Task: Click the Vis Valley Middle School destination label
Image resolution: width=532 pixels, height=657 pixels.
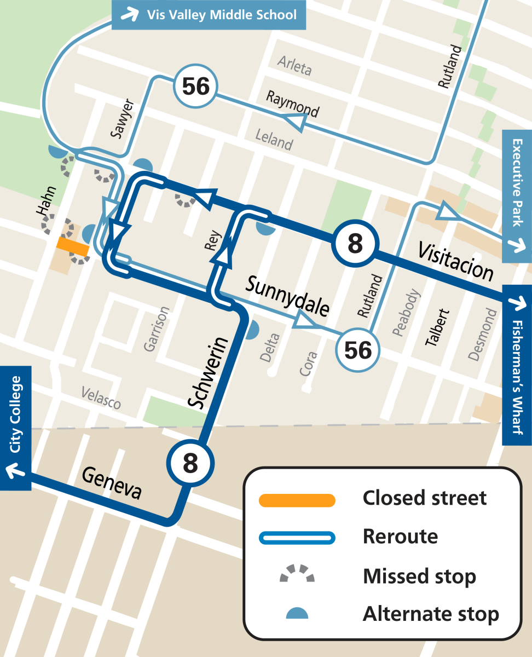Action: click(209, 15)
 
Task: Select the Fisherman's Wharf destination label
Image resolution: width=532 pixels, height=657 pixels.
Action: click(517, 365)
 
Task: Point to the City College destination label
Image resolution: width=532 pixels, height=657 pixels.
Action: click(15, 428)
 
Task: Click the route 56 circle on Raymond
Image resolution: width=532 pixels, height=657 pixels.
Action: click(196, 87)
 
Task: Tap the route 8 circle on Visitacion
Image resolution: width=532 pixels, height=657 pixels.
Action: click(355, 244)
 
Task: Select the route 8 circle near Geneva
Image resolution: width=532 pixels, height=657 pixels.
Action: click(190, 463)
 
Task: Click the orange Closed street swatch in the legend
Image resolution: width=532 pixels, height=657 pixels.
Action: click(297, 499)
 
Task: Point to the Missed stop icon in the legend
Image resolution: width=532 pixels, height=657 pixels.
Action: click(297, 574)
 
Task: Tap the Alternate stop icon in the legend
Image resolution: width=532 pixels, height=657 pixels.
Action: click(297, 613)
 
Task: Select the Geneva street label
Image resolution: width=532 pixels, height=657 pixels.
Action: click(112, 483)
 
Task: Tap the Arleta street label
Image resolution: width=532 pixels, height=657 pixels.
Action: click(294, 66)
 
